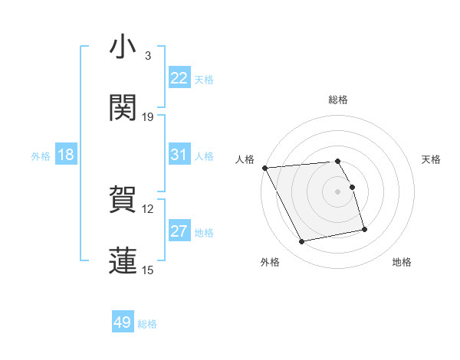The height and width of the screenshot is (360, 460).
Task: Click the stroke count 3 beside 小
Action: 147,57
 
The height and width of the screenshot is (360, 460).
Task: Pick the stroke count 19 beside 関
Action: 148,117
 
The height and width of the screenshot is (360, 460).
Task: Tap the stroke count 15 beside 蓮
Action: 148,270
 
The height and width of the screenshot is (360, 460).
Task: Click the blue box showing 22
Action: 179,78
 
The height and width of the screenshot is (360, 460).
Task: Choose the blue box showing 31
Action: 179,155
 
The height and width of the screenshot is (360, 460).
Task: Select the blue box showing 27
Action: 179,231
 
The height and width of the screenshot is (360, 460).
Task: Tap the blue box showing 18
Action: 66,155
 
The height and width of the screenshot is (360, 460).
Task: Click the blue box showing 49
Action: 123,323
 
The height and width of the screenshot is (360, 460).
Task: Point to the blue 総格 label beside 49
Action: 147,324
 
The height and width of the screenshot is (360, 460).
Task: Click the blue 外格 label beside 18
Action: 41,155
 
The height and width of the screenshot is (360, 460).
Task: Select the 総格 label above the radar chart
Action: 338,100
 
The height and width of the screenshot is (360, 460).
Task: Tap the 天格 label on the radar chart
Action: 432,159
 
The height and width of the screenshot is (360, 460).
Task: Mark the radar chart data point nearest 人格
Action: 264,168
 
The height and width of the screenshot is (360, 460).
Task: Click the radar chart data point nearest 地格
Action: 364,229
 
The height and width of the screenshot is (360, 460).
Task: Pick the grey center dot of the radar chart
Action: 338,191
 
